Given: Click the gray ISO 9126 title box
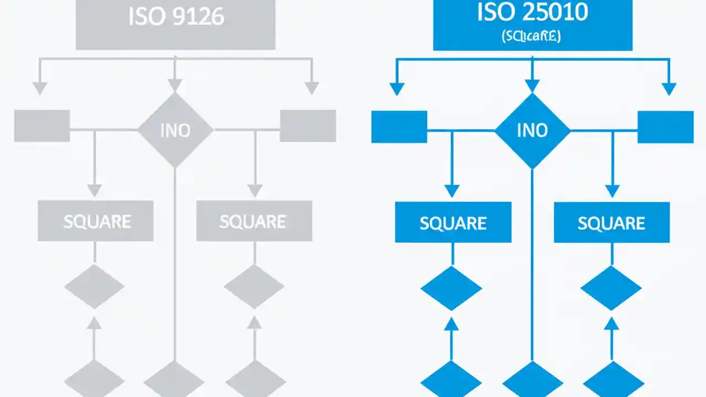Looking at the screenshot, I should [175, 25].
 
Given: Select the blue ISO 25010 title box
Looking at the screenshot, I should [533, 25].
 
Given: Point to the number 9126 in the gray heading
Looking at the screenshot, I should [199, 17].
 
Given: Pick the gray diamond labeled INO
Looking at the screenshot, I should [175, 130].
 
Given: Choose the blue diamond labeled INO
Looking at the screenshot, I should [532, 130].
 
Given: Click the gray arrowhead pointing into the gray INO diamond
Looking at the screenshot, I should [175, 85].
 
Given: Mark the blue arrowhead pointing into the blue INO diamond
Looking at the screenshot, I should [532, 85].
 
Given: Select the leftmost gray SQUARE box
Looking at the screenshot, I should [95, 221].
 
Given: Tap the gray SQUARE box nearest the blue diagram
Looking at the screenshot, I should [254, 221].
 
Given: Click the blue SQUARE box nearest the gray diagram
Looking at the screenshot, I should [453, 222].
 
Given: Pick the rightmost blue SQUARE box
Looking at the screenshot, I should [612, 222].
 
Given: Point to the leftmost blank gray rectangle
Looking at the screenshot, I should [42, 126].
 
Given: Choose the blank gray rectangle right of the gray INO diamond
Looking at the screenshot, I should [308, 126].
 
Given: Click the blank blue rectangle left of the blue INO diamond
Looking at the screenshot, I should [399, 127].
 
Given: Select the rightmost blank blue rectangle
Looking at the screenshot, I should [665, 127].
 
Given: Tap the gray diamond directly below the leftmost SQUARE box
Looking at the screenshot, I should [94, 286].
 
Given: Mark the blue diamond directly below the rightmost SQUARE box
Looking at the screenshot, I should [611, 288].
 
